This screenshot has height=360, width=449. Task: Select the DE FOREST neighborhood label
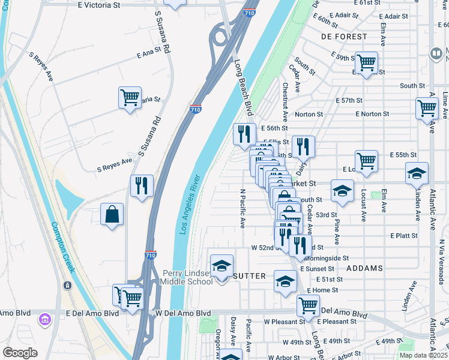click(344, 37)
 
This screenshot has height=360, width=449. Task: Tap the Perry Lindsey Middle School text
click(187, 277)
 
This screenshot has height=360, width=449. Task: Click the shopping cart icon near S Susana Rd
click(130, 98)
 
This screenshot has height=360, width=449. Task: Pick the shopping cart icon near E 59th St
click(365, 62)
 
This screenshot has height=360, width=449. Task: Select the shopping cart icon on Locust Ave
click(366, 161)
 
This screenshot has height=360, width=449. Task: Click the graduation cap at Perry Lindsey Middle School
click(221, 266)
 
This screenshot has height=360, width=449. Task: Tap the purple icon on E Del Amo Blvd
click(44, 319)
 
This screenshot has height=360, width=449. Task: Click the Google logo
click(20, 353)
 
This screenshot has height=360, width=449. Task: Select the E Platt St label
click(403, 236)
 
